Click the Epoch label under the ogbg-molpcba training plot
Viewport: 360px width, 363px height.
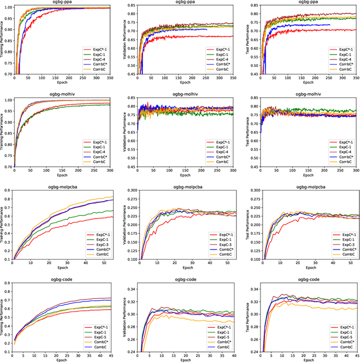tap(62, 267)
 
